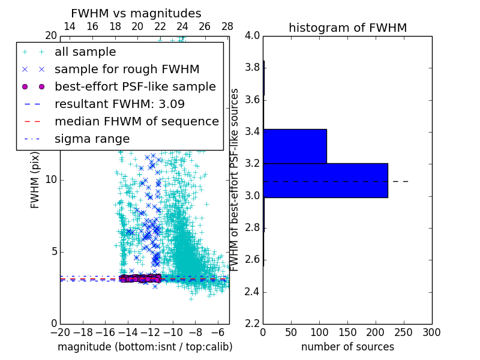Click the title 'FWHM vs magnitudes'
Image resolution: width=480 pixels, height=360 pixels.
coord(136,14)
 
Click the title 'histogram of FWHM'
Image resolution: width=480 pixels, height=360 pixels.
coord(347,28)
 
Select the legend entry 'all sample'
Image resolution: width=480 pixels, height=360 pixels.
coord(85,52)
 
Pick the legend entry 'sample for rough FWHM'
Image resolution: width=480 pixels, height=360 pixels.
coord(127,70)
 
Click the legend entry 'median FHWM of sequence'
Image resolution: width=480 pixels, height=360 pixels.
coord(136,122)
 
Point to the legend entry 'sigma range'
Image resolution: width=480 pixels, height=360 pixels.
coord(92,139)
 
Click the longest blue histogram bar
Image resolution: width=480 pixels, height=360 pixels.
coord(325,180)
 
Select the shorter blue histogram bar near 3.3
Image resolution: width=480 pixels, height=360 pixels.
coord(295,146)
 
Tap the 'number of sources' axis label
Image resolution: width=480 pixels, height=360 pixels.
coord(347,347)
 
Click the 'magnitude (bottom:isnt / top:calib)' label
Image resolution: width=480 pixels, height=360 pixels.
coord(145,347)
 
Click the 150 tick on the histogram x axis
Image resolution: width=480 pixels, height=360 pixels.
coord(347,332)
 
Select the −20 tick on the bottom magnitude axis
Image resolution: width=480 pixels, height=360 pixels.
coord(60,332)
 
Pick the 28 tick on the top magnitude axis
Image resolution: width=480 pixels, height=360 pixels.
coord(227,27)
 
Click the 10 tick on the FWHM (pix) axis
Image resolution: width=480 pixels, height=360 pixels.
coord(51,180)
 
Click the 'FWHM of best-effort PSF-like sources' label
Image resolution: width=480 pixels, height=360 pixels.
coord(235,179)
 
